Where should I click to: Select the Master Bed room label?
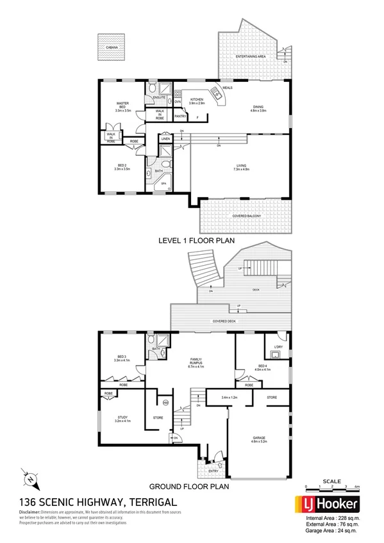click(x=122, y=106)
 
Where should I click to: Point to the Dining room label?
click(x=258, y=107)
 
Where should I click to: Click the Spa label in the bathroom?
click(x=163, y=182)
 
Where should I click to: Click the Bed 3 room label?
click(x=122, y=358)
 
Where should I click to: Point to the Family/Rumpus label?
click(x=196, y=362)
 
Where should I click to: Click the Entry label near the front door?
click(x=212, y=471)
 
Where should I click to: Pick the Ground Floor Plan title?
click(x=190, y=486)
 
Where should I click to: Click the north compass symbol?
click(x=29, y=476)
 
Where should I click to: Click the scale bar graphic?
click(x=331, y=487)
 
